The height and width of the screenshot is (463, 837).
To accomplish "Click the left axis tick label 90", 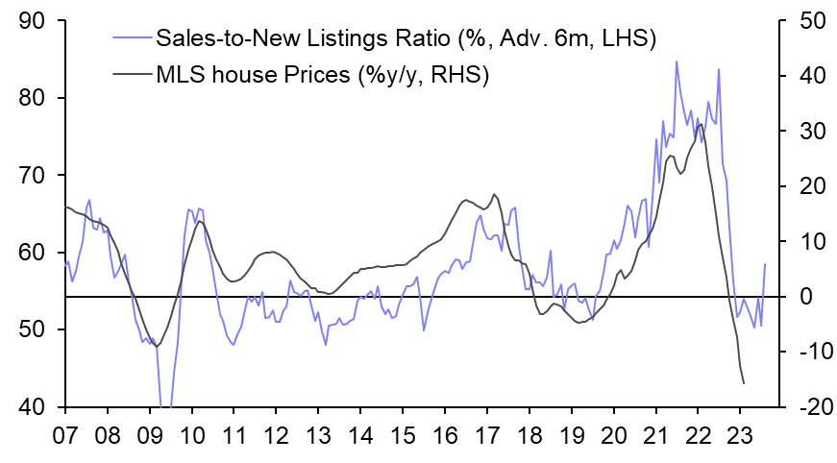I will point(34,20).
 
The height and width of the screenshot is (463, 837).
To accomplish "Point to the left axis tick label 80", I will point(34,98).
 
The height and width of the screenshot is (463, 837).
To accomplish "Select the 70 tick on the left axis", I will point(34,175).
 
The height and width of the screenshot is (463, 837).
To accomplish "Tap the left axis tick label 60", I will point(34,253).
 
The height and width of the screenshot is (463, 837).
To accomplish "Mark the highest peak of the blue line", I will point(677,61).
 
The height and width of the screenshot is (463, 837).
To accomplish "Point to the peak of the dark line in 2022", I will point(701,124).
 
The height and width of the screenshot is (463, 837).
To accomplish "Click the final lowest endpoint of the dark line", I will point(744,383).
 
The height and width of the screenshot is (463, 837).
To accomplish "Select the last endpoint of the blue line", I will point(766,264).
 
